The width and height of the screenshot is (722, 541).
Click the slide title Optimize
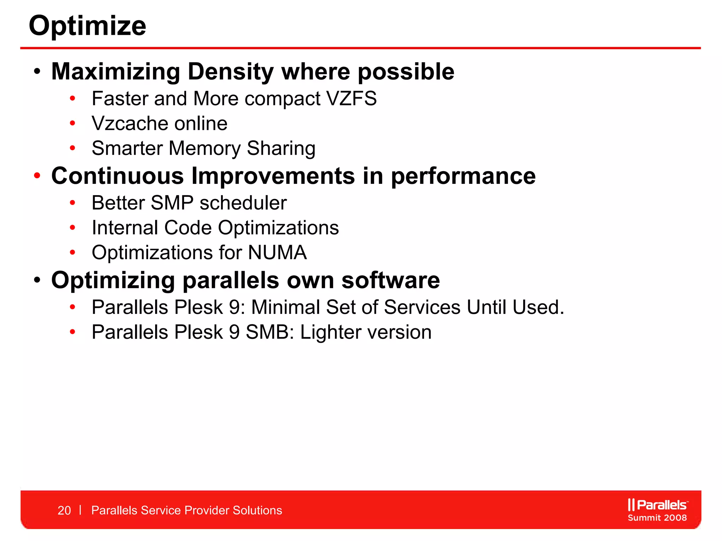(x=87, y=26)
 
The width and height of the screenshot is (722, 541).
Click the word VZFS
(x=351, y=98)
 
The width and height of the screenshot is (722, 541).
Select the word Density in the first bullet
(x=231, y=72)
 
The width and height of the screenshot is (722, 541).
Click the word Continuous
(x=117, y=176)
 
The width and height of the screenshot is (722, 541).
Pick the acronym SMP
(x=172, y=203)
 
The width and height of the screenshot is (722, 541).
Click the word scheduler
(x=243, y=203)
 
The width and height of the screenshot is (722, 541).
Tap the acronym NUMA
(x=277, y=253)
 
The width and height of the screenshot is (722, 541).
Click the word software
(x=391, y=280)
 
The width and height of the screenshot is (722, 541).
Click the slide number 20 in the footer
(x=64, y=510)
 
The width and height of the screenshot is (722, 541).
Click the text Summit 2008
(x=657, y=518)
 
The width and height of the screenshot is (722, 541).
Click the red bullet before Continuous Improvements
(x=37, y=175)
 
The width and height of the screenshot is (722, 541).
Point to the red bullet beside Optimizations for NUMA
(x=73, y=252)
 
